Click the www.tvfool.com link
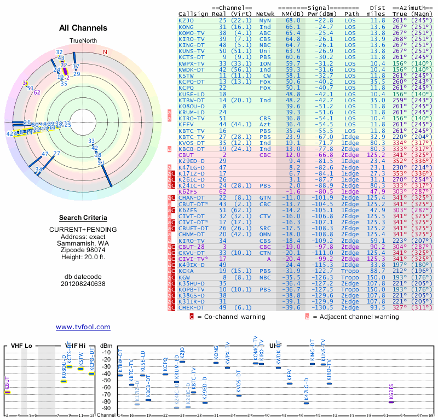83,327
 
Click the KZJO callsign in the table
186,20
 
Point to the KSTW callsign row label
186,75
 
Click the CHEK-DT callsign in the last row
192,308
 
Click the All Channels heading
83,28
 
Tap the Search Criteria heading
83,218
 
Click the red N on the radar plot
105,52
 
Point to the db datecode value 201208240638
83,284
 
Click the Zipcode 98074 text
83,250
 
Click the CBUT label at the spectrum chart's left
8,383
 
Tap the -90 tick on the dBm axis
107,408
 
